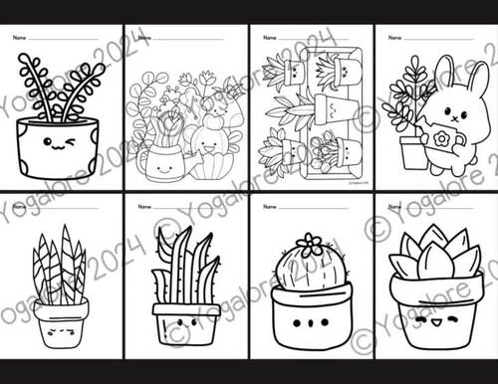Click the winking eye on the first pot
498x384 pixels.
pyautogui.click(x=70, y=144)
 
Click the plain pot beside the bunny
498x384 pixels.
pyautogui.click(x=411, y=152)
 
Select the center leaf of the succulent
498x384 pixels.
pyautogui.click(x=434, y=261)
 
